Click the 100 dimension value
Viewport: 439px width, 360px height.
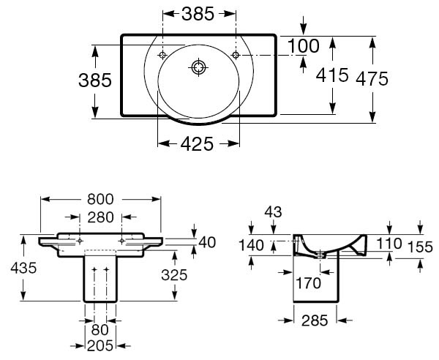(x=303, y=46)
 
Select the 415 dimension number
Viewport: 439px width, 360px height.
(x=332, y=75)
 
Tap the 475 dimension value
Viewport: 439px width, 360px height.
(x=372, y=79)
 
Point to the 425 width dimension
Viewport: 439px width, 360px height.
(x=197, y=144)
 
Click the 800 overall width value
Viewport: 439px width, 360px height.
(x=100, y=199)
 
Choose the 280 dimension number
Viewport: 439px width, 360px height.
(x=100, y=217)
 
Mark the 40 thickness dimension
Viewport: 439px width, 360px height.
(x=207, y=242)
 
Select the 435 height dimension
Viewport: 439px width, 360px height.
(x=23, y=269)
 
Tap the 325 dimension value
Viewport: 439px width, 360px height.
(x=174, y=275)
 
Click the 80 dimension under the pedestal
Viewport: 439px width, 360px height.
(x=100, y=330)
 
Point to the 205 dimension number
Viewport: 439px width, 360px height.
(x=100, y=346)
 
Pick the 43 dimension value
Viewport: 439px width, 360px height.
(x=273, y=212)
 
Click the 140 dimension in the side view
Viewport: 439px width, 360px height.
(x=251, y=246)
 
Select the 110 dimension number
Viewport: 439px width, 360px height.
(x=389, y=244)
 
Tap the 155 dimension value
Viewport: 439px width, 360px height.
(x=420, y=247)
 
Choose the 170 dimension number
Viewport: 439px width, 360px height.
(x=308, y=283)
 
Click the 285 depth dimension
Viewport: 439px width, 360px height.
(x=315, y=320)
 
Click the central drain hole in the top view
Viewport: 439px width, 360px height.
(x=198, y=67)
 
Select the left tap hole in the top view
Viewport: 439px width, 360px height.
(x=162, y=55)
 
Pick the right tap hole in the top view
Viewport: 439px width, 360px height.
(x=236, y=55)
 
